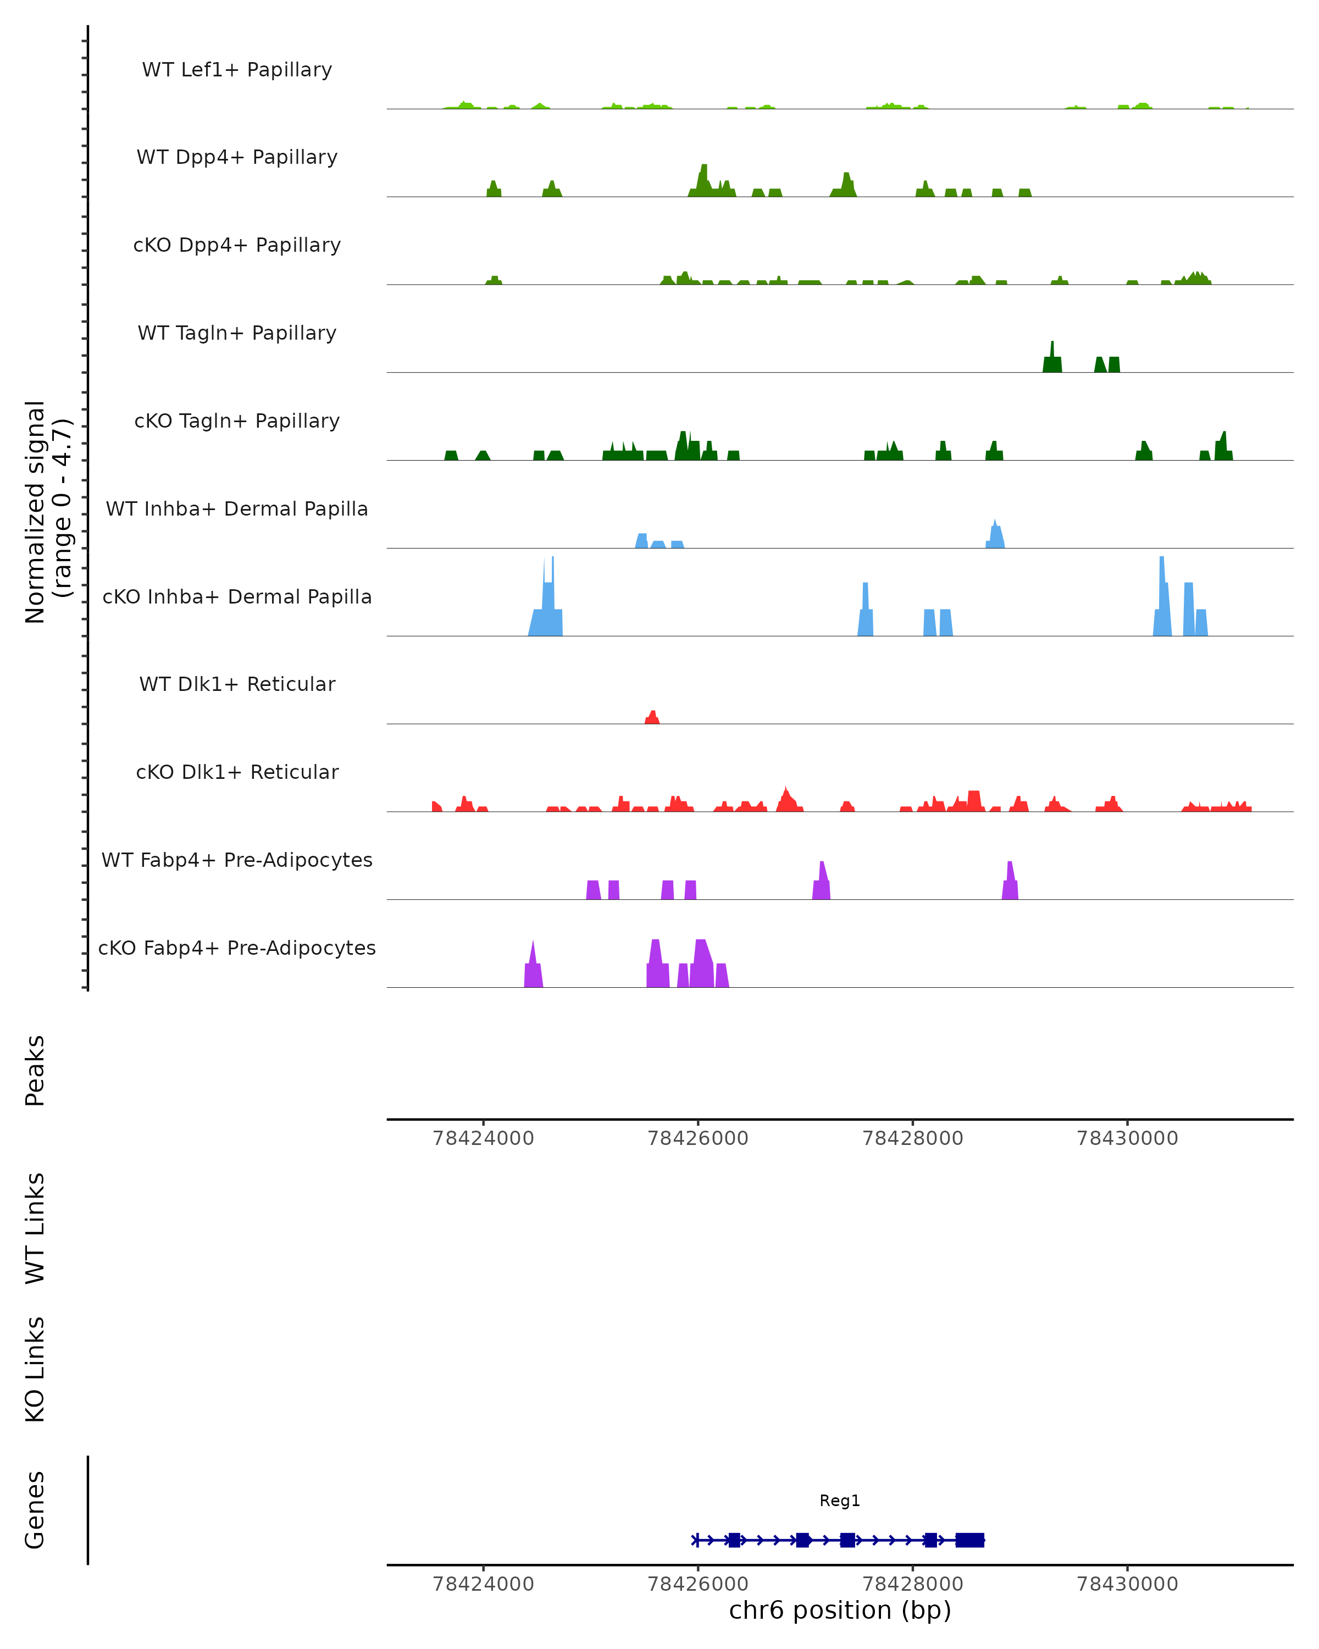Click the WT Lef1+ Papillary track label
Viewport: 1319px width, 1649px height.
pos(237,70)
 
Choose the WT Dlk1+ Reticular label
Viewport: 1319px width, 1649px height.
pos(237,684)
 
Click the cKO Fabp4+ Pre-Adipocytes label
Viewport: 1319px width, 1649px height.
pos(237,948)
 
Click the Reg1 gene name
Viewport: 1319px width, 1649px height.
pos(840,1501)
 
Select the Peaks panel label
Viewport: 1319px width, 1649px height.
pos(35,1070)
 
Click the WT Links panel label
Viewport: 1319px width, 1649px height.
pos(35,1227)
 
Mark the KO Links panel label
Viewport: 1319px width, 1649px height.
pos(35,1369)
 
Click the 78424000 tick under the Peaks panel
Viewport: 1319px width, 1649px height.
pos(483,1138)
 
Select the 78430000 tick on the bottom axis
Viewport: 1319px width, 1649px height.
pos(1127,1584)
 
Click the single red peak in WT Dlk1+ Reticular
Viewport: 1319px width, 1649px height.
pos(652,717)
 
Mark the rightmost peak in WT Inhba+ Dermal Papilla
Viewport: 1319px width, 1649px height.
pos(995,534)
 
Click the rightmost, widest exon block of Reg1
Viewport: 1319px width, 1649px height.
pos(969,1540)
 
